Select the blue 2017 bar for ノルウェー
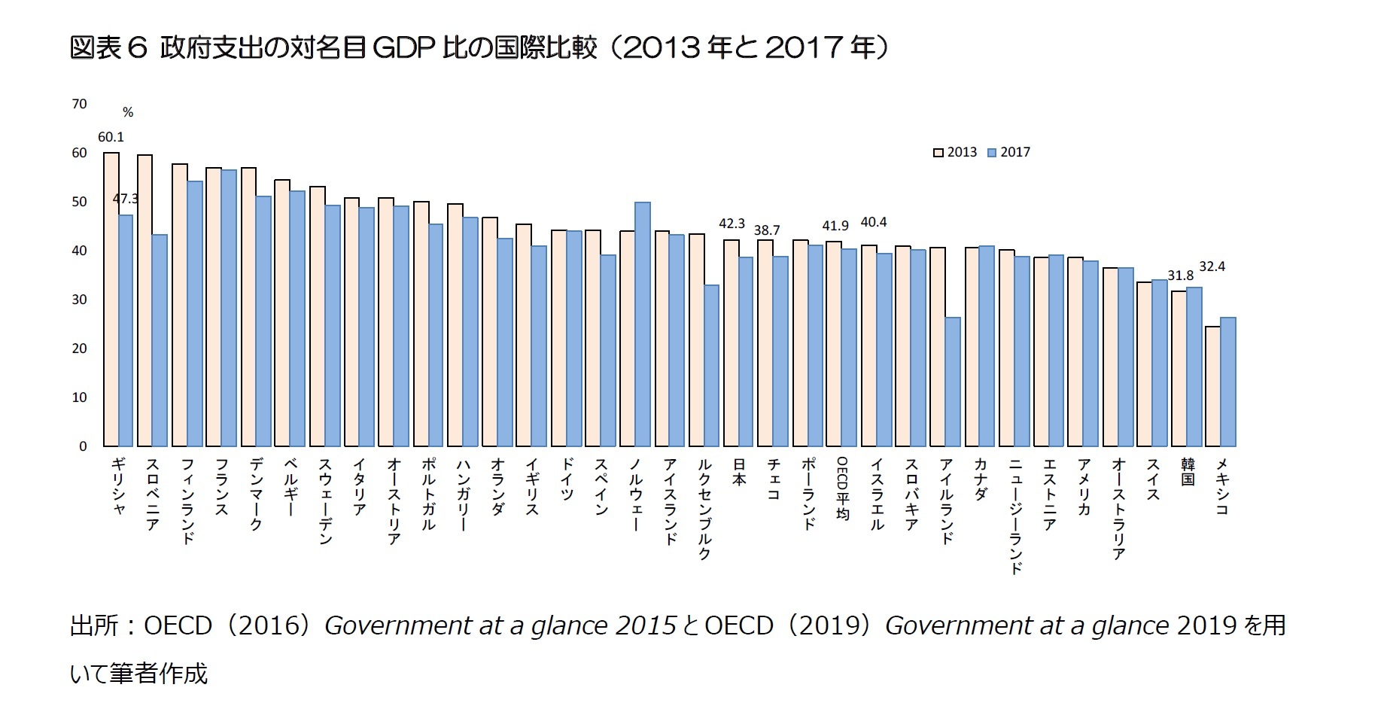[x=643, y=324]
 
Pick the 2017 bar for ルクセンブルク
[x=711, y=366]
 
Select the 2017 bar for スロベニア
[x=160, y=340]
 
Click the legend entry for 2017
[x=1008, y=152]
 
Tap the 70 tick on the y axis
[x=79, y=104]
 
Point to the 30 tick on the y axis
[x=79, y=300]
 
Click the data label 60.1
[x=111, y=137]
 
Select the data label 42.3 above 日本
[x=732, y=224]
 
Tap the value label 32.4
[x=1212, y=266]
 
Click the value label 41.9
[x=835, y=226]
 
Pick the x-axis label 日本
[x=739, y=471]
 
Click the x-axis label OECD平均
[x=842, y=488]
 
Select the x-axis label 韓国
[x=1188, y=471]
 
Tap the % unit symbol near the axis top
[x=128, y=113]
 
